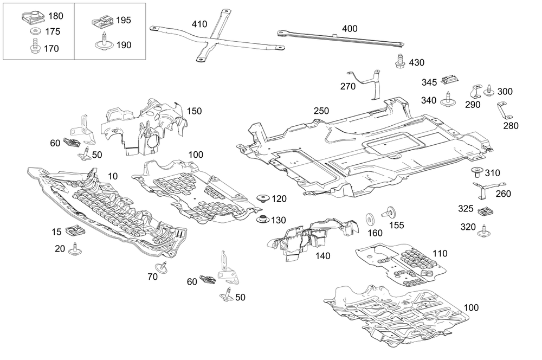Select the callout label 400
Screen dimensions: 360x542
[x=349, y=28]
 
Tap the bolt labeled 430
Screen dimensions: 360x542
[x=401, y=61]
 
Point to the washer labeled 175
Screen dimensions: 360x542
[x=35, y=32]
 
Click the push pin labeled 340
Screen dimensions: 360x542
[x=447, y=99]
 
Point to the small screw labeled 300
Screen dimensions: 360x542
[x=490, y=91]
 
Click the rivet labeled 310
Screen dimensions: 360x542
[x=475, y=173]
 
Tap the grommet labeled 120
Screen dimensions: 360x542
[x=264, y=198]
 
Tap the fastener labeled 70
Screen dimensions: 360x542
[x=162, y=266]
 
